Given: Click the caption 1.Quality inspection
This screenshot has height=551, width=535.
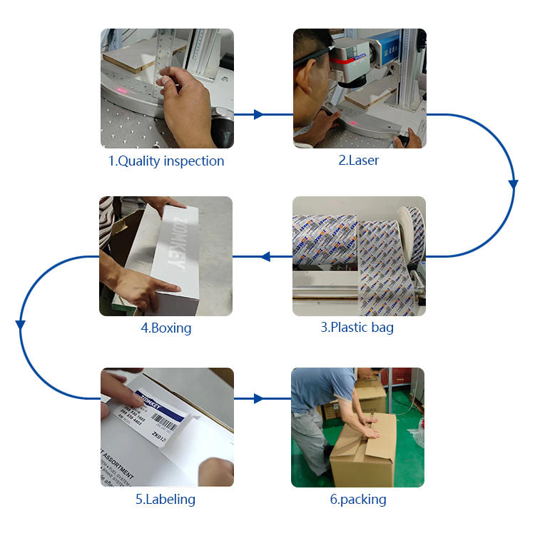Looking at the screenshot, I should click(x=166, y=161).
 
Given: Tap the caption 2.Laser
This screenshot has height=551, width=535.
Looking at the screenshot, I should click(x=358, y=161).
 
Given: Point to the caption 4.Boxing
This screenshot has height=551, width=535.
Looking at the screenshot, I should click(x=165, y=328).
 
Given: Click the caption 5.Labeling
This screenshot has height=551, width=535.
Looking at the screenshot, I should click(x=165, y=500).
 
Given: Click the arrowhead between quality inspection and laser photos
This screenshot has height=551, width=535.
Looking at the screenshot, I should click(x=258, y=114).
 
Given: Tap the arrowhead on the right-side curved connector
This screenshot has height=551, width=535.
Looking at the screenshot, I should click(x=513, y=184).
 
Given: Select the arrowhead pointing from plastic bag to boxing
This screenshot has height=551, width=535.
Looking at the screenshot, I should click(x=266, y=256).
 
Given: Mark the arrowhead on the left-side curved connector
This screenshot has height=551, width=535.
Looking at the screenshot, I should click(x=21, y=325).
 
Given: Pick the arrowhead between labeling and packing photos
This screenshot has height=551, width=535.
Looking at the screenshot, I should click(x=258, y=398).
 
